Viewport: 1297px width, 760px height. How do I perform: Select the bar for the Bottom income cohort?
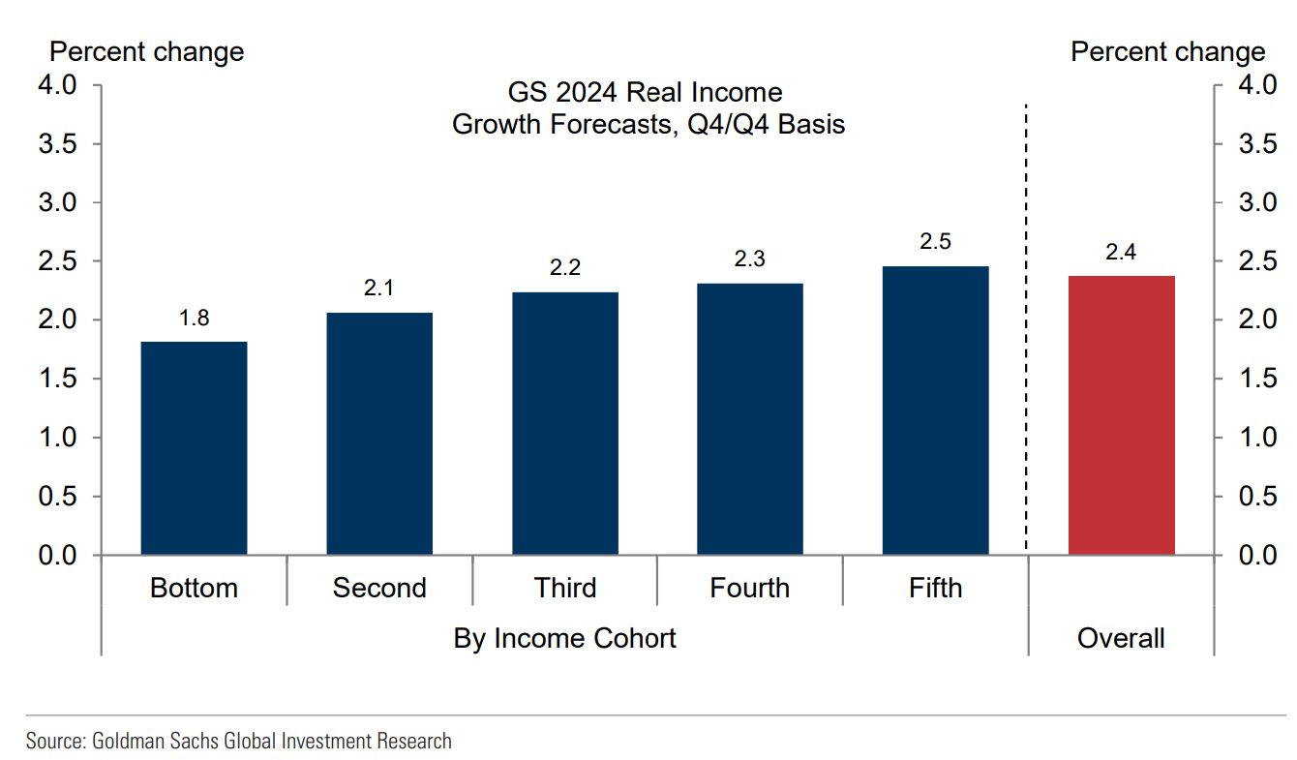[x=194, y=448]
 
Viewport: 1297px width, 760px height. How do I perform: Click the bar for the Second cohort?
[x=379, y=434]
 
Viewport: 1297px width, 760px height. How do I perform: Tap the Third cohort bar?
[x=565, y=423]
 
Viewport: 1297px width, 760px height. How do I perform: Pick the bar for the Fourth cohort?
[x=750, y=419]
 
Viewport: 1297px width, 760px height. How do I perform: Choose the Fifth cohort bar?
[x=936, y=410]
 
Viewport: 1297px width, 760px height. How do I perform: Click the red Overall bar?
[x=1121, y=415]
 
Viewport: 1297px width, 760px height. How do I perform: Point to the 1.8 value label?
[x=195, y=318]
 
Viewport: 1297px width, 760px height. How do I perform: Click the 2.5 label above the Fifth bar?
[x=936, y=242]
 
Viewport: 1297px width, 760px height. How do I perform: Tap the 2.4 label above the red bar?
[x=1121, y=253]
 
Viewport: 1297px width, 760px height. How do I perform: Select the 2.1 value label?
[x=379, y=289]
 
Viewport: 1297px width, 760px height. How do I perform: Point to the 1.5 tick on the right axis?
[x=1255, y=379]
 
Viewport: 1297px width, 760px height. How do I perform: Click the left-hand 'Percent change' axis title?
[x=147, y=51]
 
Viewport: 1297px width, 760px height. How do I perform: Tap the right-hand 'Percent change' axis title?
[x=1167, y=51]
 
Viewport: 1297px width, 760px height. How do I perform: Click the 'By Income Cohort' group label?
[x=565, y=638]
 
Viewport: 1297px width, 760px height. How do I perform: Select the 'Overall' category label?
[x=1121, y=638]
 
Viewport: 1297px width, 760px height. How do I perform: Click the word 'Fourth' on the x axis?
[x=750, y=588]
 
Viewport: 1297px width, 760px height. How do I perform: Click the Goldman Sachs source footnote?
[x=239, y=742]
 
